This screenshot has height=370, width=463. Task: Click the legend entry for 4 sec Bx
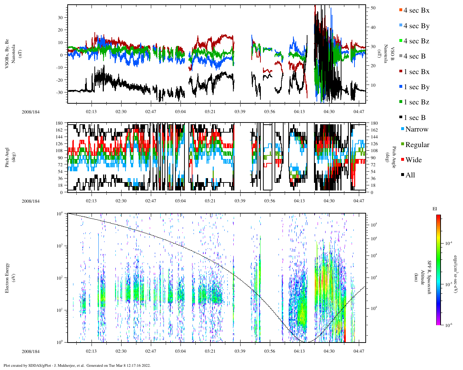point(416,10)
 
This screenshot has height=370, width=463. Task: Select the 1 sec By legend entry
point(416,87)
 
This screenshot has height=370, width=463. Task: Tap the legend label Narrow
point(416,129)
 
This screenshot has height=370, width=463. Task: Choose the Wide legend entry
point(413,160)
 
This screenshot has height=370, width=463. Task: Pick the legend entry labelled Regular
point(417,145)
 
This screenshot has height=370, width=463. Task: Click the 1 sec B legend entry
point(415,118)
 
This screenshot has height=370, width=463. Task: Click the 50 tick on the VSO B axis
point(373,8)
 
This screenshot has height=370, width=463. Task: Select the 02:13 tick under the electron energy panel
point(91,351)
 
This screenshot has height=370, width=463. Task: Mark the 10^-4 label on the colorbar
point(449,244)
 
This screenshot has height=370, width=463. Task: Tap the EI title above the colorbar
point(435,209)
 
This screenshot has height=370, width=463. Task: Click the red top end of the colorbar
point(438,216)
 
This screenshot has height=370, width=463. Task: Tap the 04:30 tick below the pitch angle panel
point(329,201)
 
